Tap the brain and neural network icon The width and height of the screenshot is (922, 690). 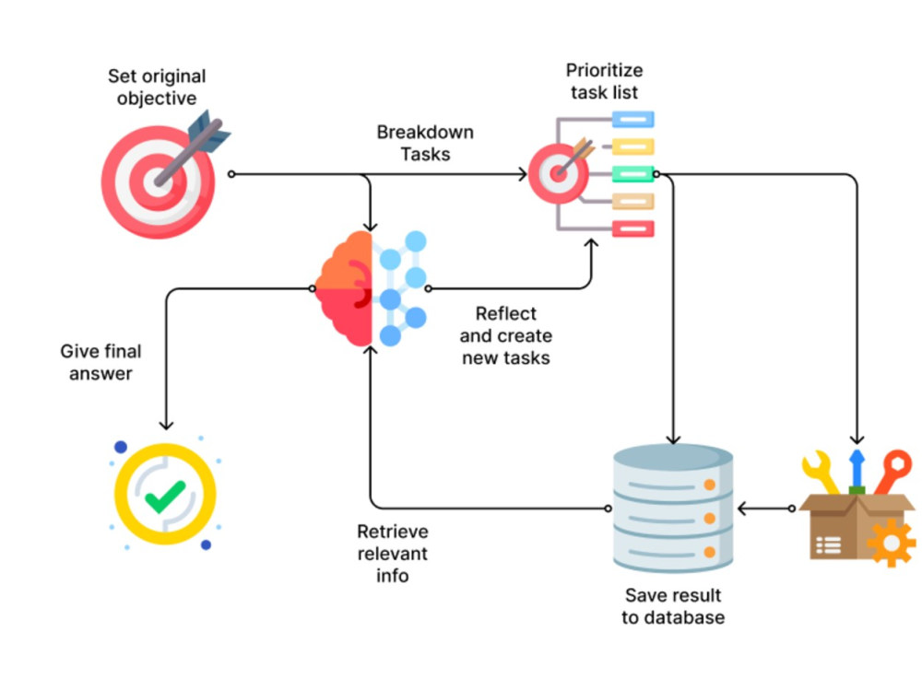pyautogui.click(x=371, y=288)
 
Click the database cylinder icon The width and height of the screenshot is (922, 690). pyautogui.click(x=673, y=508)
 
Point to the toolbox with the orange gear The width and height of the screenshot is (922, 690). pyautogui.click(x=857, y=509)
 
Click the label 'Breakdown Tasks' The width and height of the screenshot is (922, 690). pyautogui.click(x=425, y=143)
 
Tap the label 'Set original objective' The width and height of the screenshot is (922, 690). pyautogui.click(x=157, y=87)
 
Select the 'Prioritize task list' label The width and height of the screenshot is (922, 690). pyautogui.click(x=604, y=81)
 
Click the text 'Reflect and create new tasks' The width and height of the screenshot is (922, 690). pyautogui.click(x=505, y=335)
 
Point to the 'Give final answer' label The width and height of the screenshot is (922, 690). pyautogui.click(x=100, y=362)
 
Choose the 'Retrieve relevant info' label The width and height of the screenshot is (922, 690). pyautogui.click(x=392, y=553)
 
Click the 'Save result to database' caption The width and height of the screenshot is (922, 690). pyautogui.click(x=673, y=606)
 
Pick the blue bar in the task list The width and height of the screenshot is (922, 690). pyautogui.click(x=633, y=120)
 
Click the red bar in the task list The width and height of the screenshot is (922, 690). pyautogui.click(x=633, y=228)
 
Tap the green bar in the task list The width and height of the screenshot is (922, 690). pyautogui.click(x=633, y=174)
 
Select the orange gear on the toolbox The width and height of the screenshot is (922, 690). pyautogui.click(x=892, y=543)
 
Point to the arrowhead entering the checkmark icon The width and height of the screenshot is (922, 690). pyautogui.click(x=166, y=425)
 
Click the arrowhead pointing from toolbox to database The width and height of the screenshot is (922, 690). pyautogui.click(x=742, y=509)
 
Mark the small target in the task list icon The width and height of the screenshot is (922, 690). pyautogui.click(x=558, y=173)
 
